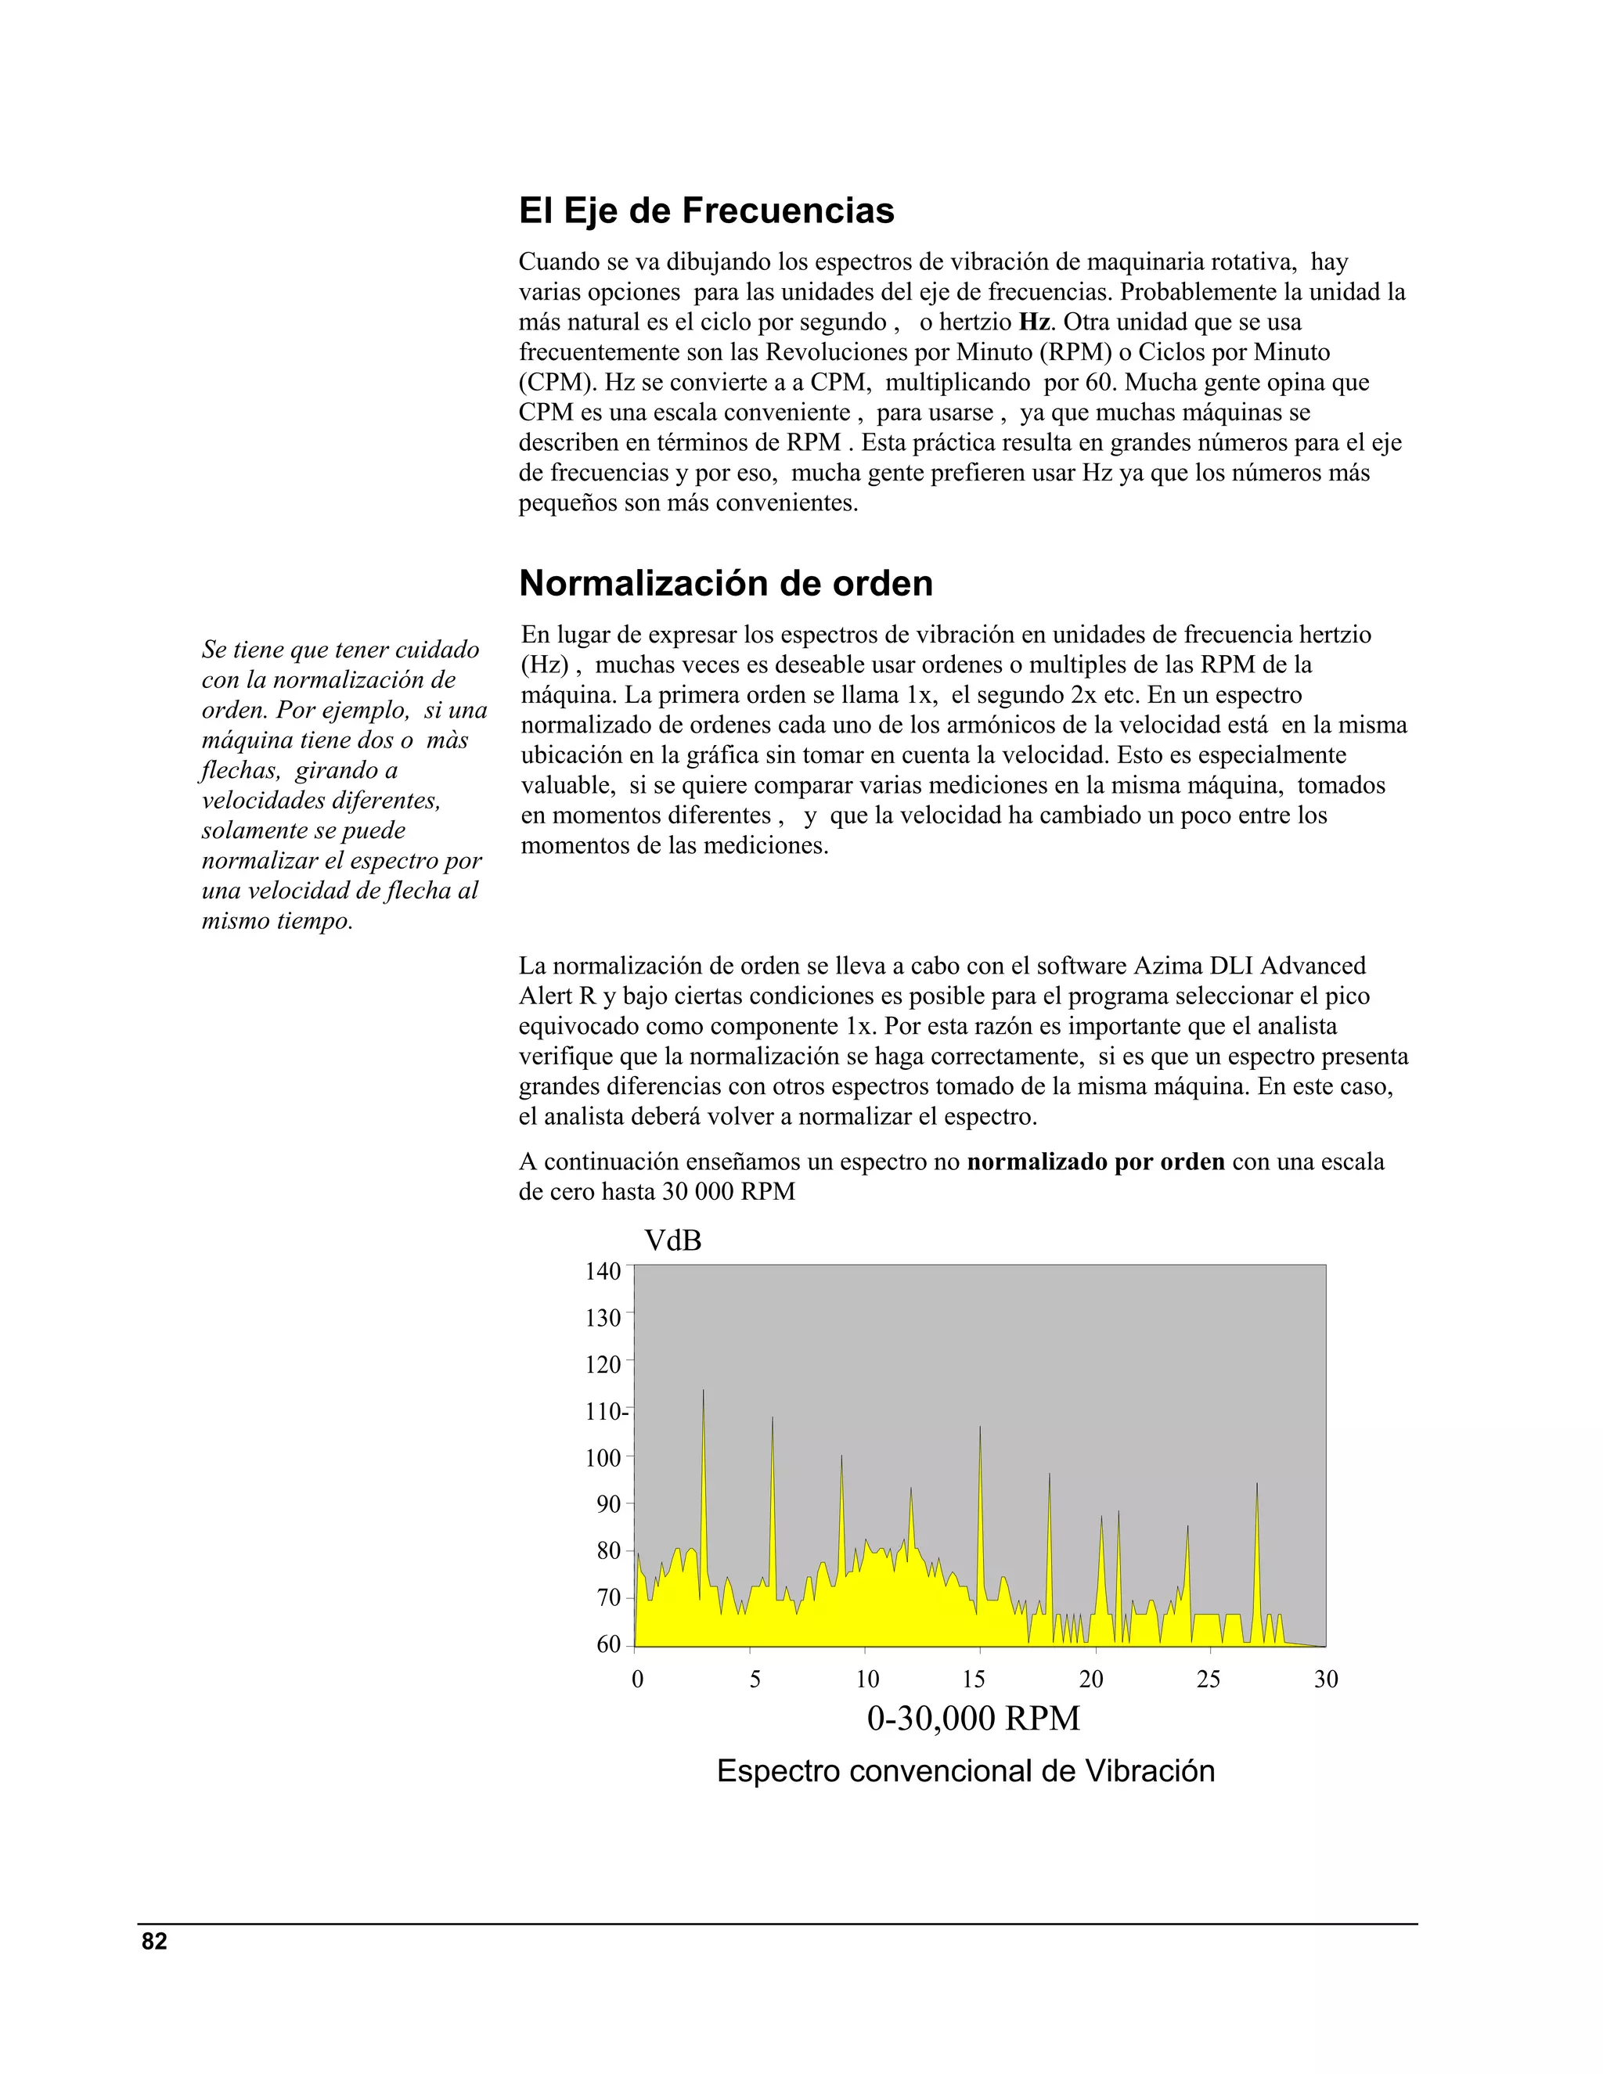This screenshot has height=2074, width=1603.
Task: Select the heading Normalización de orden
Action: coord(726,582)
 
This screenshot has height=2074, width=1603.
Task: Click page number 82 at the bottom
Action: coord(154,1941)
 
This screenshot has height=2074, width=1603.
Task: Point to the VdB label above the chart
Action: coord(672,1240)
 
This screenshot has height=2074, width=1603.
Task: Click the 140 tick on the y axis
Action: coord(602,1270)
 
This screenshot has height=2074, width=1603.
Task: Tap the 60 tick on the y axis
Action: coord(607,1644)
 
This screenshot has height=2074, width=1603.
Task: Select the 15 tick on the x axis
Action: coord(974,1680)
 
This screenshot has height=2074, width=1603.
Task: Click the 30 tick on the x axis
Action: coord(1326,1680)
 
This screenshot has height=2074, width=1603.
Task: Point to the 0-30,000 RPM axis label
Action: coord(974,1719)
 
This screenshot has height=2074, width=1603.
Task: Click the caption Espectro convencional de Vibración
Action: coord(966,1771)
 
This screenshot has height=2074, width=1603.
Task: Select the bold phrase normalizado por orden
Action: coord(1095,1161)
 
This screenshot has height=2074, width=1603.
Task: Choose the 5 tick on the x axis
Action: coord(755,1680)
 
